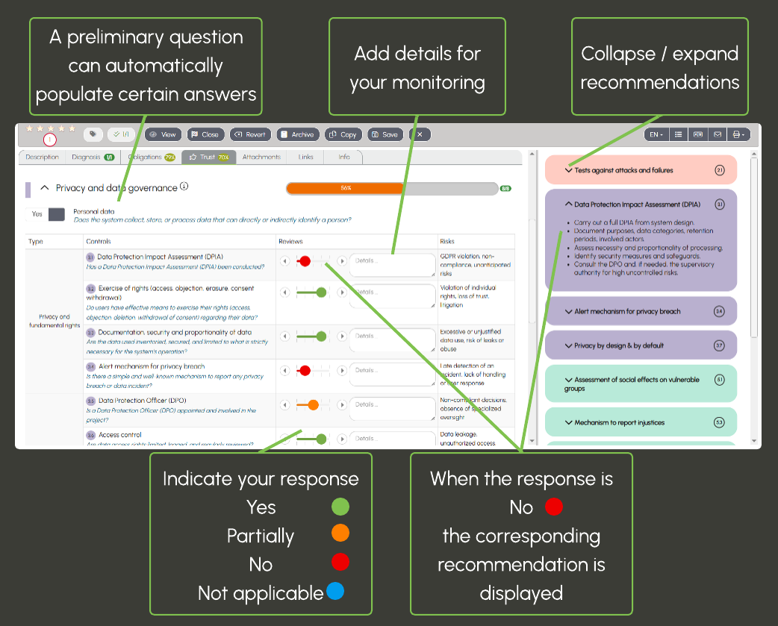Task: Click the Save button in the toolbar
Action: (385, 134)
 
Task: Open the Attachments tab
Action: (261, 157)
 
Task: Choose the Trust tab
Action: (208, 157)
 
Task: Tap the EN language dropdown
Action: (656, 134)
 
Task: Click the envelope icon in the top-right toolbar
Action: (718, 134)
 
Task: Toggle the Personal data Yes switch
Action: (57, 214)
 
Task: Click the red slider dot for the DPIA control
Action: (305, 261)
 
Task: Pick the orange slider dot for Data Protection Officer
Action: (313, 404)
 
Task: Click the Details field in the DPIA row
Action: (392, 263)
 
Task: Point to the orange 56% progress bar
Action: (346, 188)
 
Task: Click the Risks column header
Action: (448, 242)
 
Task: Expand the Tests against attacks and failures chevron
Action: (568, 170)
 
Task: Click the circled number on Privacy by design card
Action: (719, 345)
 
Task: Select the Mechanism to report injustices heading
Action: (619, 422)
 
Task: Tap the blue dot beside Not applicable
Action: (335, 592)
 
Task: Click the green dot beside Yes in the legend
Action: (340, 507)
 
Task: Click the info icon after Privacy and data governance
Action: (184, 187)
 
